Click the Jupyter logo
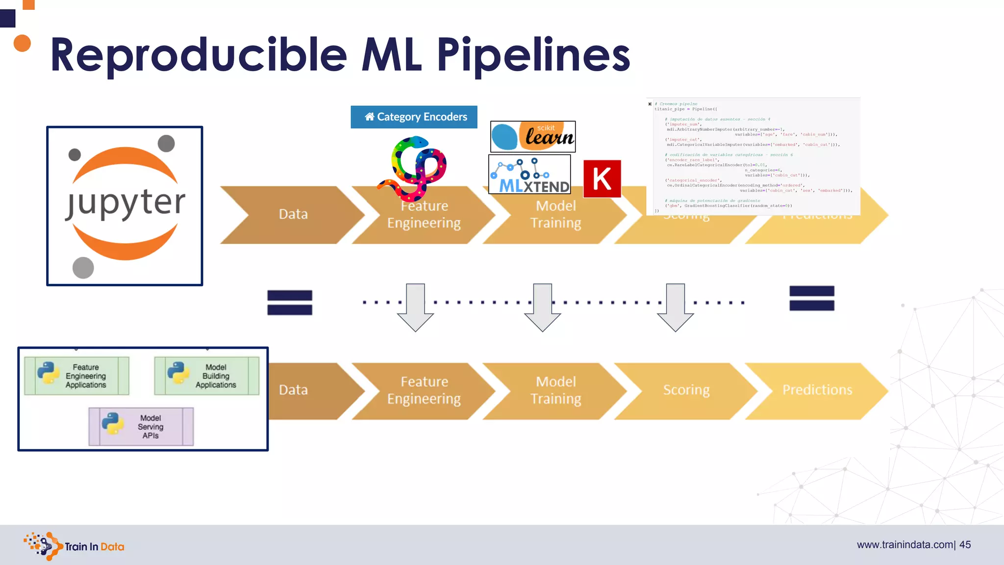point(125,206)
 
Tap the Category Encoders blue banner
point(414,117)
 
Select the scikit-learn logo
point(533,137)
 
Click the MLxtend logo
point(530,175)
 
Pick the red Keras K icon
point(602,179)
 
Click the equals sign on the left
point(290,303)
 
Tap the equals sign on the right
point(812,298)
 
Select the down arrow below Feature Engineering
point(416,308)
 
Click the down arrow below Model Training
point(543,308)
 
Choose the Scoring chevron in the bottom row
point(686,390)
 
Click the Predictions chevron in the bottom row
point(817,390)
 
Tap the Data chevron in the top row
point(293,214)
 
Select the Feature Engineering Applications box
point(77,376)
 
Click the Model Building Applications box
point(207,376)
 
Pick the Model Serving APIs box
point(141,427)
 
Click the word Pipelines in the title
point(533,55)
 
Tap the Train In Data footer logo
point(74,546)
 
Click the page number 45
point(965,545)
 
